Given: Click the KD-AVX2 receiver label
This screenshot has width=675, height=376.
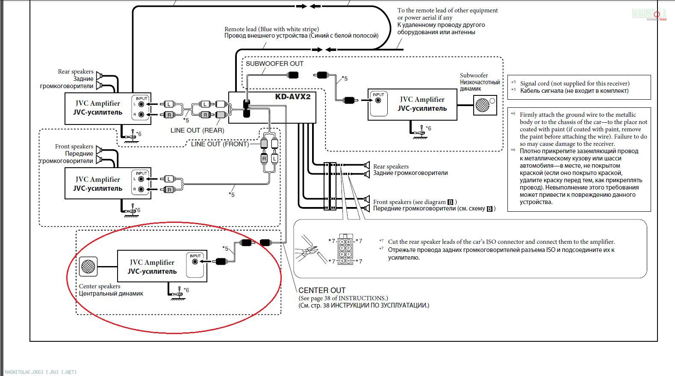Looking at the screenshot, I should [x=292, y=97].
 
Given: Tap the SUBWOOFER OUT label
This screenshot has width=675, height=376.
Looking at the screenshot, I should [x=274, y=64].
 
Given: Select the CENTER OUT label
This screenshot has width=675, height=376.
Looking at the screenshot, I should [x=322, y=290].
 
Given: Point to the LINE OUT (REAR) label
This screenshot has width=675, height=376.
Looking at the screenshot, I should [x=197, y=130].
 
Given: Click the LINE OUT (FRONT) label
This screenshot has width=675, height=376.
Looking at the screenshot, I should [x=220, y=144].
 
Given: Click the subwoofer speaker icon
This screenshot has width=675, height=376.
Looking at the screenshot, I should [x=483, y=105].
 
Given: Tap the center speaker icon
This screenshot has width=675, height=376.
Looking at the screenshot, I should [x=88, y=266].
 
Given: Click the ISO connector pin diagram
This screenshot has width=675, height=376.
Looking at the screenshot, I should [x=345, y=249].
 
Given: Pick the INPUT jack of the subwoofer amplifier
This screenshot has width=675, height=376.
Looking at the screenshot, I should [x=378, y=101].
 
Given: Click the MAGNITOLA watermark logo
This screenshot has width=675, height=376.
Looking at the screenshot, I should [x=649, y=14].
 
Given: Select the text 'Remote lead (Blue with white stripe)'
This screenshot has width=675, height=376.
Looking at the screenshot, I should [x=271, y=29].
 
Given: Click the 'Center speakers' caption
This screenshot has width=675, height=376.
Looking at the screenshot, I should [x=100, y=286].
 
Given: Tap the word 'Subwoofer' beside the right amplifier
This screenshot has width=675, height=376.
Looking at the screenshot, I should [x=474, y=75].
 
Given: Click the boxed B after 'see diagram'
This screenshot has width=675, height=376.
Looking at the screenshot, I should [x=450, y=202].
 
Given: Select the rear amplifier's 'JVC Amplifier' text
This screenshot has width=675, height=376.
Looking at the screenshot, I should [x=98, y=103].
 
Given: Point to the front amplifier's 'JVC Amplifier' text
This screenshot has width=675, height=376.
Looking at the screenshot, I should [x=98, y=179].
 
